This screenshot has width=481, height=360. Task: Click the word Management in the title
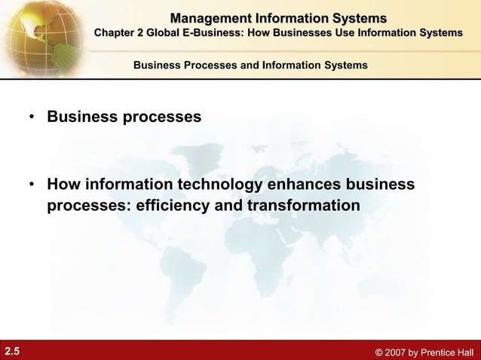pyautogui.click(x=209, y=18)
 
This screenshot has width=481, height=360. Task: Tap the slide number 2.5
pyautogui.click(x=14, y=350)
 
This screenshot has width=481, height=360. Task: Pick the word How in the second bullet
pyautogui.click(x=63, y=185)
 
